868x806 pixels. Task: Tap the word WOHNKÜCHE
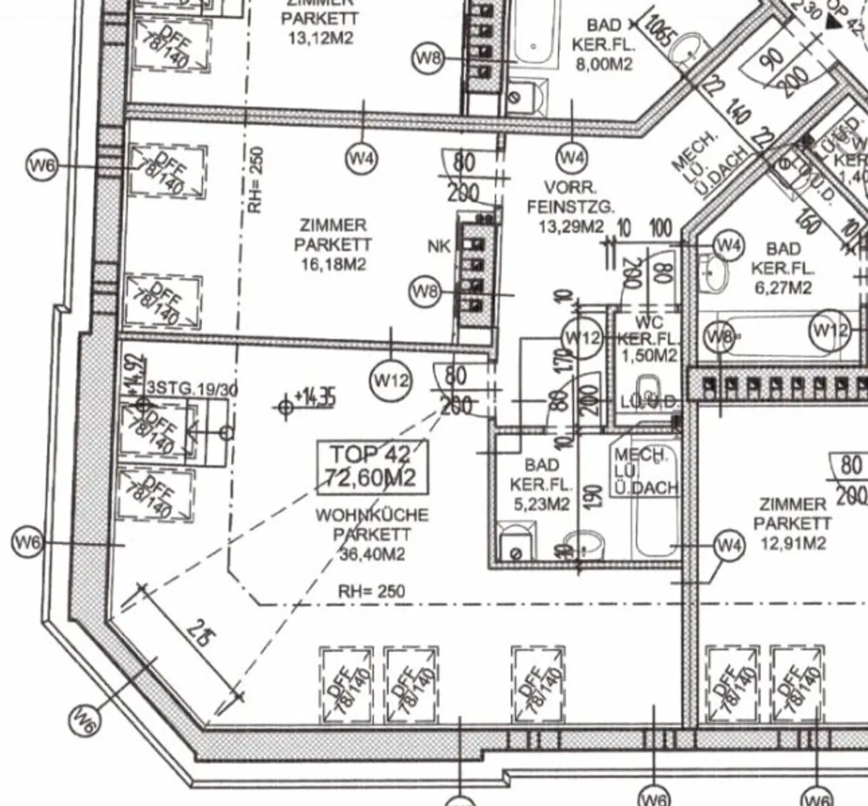pos(372,515)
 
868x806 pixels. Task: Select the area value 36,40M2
pos(372,555)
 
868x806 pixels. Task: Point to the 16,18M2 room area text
pos(333,264)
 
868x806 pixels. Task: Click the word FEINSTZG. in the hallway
pos(570,207)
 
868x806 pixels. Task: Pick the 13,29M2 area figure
pos(571,227)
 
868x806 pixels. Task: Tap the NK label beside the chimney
pos(439,246)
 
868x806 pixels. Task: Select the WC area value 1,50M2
pos(649,356)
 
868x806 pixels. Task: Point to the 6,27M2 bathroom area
pos(783,287)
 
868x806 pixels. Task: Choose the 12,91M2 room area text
pos(793,543)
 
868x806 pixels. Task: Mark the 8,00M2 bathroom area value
pos(604,64)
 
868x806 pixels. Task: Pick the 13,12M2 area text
pos(320,38)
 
